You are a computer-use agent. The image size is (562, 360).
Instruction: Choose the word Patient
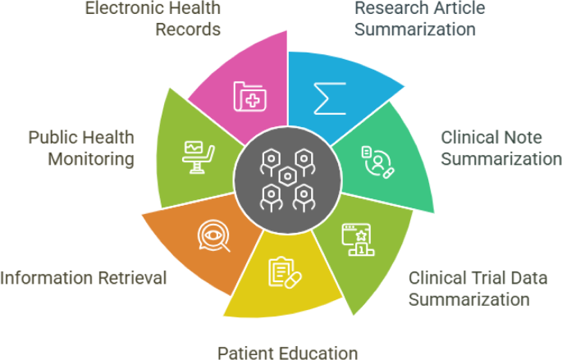(245, 353)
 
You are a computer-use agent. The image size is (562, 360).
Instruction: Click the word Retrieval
(130, 278)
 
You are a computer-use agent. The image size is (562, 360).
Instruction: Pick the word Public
(53, 137)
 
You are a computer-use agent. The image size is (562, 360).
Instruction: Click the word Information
(46, 278)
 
